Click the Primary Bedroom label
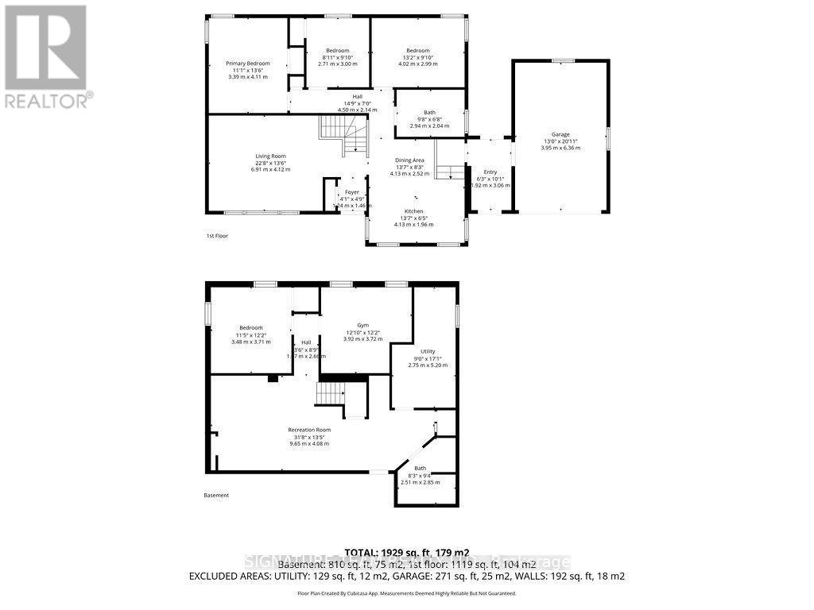click(x=247, y=64)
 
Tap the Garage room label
click(x=560, y=134)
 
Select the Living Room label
click(x=270, y=156)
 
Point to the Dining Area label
click(x=409, y=160)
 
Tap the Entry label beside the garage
click(x=490, y=172)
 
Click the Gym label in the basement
click(x=362, y=325)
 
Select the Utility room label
click(x=428, y=351)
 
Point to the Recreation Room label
click(x=309, y=430)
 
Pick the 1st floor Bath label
click(x=429, y=113)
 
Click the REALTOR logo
click(x=45, y=56)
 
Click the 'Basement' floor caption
click(x=215, y=496)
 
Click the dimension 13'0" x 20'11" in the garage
click(x=560, y=141)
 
